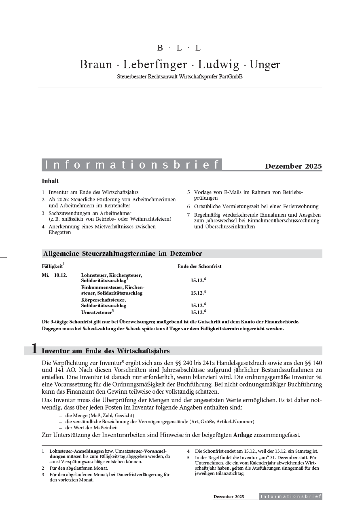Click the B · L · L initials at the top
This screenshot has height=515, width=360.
pos(179,48)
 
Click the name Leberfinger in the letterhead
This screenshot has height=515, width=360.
pos(155,65)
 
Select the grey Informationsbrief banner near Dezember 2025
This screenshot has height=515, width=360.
pos(132,165)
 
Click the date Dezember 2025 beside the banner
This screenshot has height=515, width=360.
pos(293,166)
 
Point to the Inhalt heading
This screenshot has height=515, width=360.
pos(50,181)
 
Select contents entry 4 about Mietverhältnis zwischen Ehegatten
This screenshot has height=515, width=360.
pos(101,230)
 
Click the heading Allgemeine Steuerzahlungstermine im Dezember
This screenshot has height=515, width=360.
pos(122,254)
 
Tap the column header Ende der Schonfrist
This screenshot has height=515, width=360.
pos(199,266)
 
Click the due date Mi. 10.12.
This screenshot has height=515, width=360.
pos(55,275)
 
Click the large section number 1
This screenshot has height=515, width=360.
pos(34,350)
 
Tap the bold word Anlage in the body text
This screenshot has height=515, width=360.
pos(243,435)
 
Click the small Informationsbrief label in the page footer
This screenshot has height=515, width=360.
pos(290,496)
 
